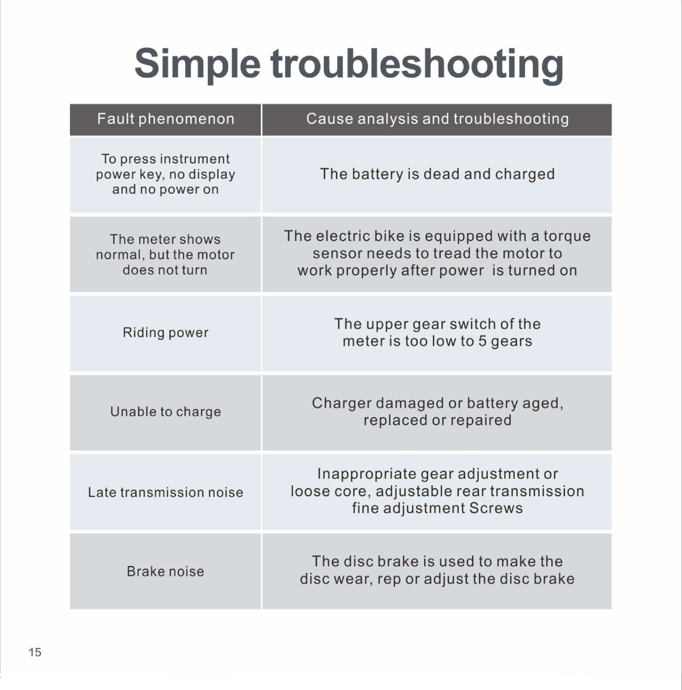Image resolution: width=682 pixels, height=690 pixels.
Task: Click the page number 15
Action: coord(35,652)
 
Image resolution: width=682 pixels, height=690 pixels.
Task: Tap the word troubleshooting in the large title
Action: coord(417,64)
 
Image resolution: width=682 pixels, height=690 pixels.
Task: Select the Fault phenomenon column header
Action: coord(166,119)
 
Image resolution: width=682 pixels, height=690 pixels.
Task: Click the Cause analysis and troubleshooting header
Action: coord(437,119)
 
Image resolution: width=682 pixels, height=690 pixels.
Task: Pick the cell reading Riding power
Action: coord(166,333)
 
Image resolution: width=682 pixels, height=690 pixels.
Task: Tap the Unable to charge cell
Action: coord(166,412)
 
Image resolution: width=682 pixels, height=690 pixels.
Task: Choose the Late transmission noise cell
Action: coord(166,492)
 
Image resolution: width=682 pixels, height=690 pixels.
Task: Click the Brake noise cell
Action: coord(166,571)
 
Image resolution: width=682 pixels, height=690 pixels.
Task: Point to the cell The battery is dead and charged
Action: coord(437,175)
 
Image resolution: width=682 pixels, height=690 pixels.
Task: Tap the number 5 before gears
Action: coord(482,341)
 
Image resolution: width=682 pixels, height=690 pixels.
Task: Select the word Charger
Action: coord(342,404)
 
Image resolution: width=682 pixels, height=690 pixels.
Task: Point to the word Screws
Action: coord(496,508)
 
